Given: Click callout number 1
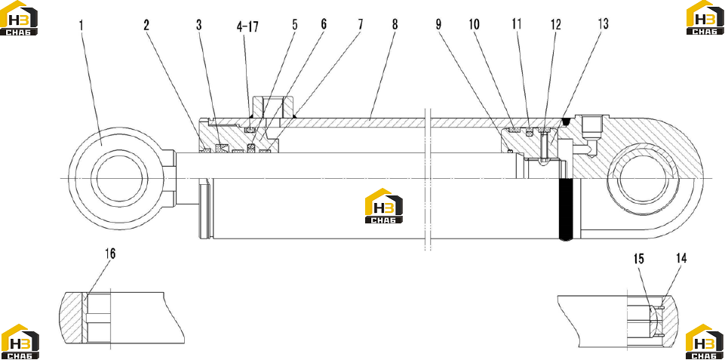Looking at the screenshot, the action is coord(81,25).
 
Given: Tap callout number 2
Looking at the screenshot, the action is coord(146,25).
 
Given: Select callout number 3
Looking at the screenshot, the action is coord(199,25).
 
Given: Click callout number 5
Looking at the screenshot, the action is coord(294,24).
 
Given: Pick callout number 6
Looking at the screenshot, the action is coord(323,24).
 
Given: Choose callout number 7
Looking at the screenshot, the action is coord(359,24).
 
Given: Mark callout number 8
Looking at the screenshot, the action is coord(395,24).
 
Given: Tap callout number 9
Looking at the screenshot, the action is coord(438,24).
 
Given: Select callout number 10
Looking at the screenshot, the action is coord(475,24).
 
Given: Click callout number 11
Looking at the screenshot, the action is coord(517,24).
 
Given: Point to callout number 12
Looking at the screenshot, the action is coord(555,24).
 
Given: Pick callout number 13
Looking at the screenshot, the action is coord(603,24).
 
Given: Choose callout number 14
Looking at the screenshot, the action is coord(681,259).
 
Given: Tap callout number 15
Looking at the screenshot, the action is coord(638,259).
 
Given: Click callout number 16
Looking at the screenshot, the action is coord(109,254).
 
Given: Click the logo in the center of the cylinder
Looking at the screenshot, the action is coord(383,206).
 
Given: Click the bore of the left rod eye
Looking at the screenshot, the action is coord(120,179).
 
